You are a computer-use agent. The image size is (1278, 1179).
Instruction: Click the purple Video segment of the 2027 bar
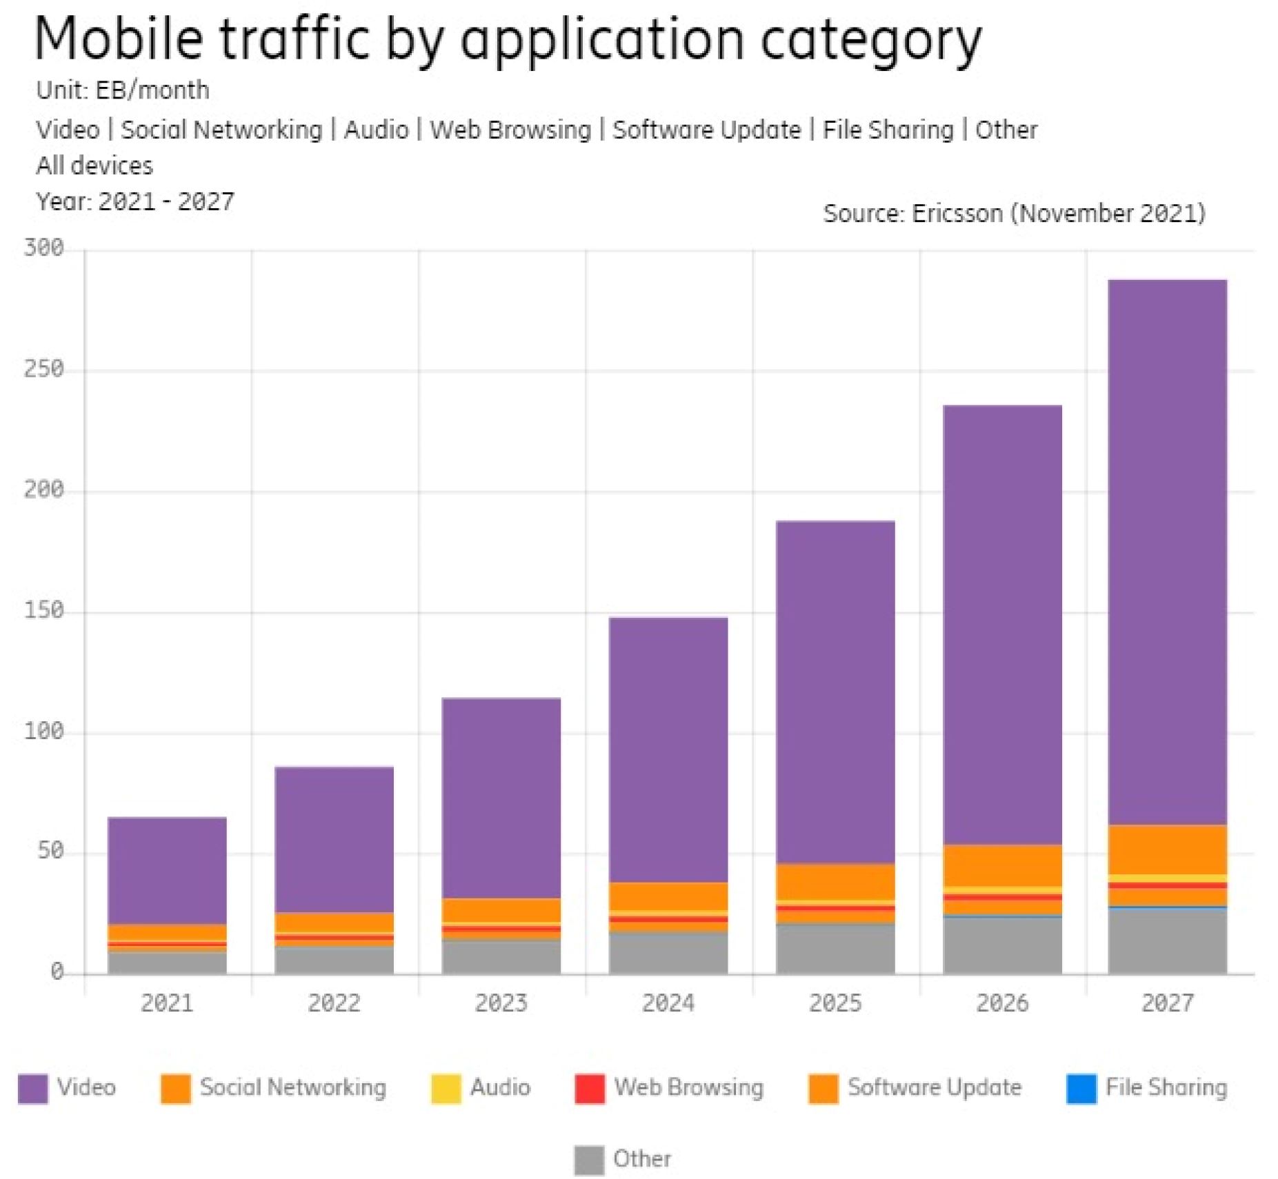click(1167, 552)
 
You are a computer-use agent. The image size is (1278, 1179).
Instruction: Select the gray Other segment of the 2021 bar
click(167, 963)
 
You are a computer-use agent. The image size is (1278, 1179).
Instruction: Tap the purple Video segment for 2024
click(668, 749)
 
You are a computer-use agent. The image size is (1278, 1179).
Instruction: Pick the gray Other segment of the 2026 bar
click(1002, 945)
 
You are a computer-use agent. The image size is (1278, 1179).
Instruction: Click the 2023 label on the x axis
click(501, 1002)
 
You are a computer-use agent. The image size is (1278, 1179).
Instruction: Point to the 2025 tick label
click(835, 1002)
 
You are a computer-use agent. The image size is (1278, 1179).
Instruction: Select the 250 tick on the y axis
click(43, 370)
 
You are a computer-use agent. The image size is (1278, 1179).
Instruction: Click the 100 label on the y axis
click(43, 732)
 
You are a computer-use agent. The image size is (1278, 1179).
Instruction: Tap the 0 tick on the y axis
click(57, 972)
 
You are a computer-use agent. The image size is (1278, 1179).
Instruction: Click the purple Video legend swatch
click(32, 1089)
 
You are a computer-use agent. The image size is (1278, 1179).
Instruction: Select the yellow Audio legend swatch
click(446, 1089)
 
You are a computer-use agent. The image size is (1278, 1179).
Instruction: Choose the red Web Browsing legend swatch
click(589, 1089)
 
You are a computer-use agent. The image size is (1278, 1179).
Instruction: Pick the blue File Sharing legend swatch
click(1081, 1089)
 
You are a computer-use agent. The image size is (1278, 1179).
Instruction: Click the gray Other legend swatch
click(588, 1160)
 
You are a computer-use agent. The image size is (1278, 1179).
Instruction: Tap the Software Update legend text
click(934, 1087)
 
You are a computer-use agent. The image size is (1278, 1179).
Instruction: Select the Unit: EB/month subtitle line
click(122, 90)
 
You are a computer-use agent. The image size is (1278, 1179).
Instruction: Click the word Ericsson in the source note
click(957, 213)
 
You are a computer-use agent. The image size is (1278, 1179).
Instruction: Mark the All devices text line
click(94, 165)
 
